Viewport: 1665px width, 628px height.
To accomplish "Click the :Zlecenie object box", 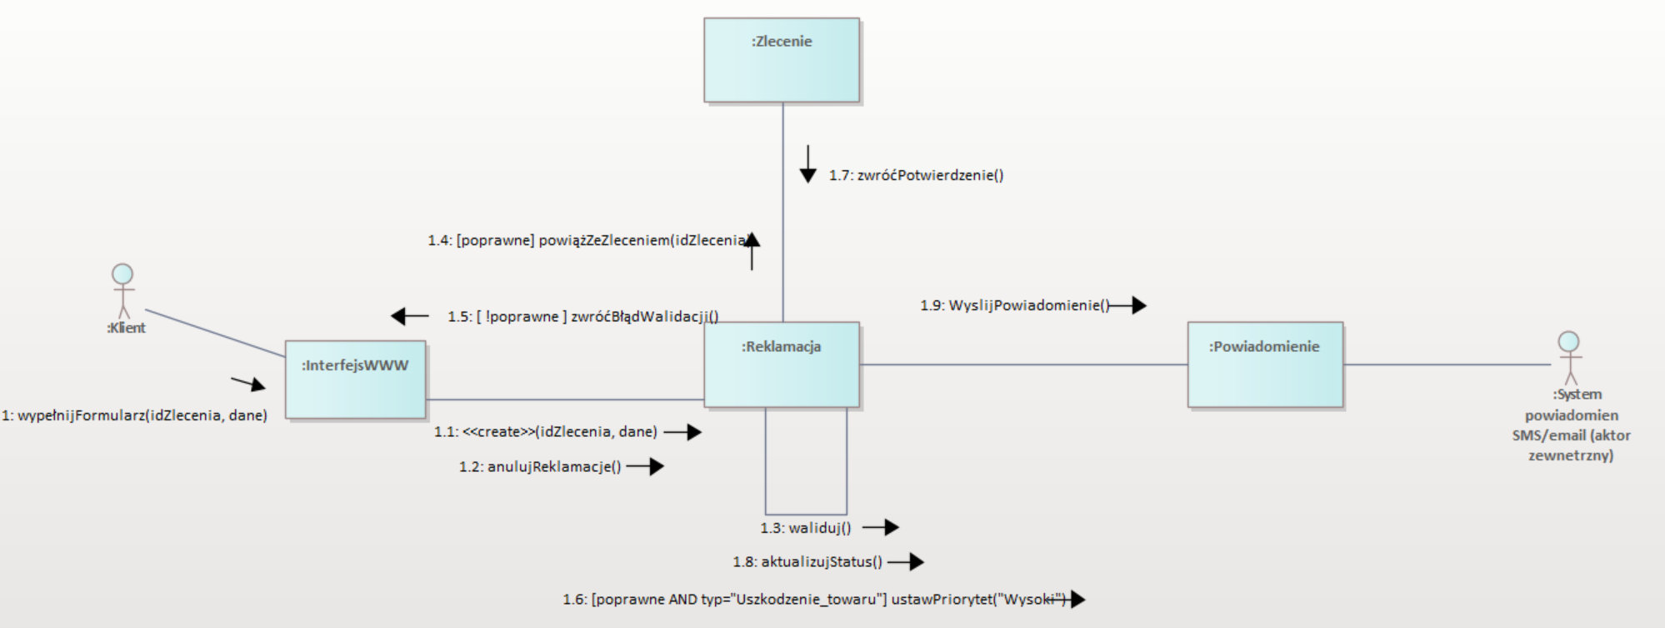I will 781,60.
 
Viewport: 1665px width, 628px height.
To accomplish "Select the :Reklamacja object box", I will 781,364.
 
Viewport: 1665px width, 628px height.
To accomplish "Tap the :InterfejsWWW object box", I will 355,379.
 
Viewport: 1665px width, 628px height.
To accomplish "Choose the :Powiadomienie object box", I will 1264,364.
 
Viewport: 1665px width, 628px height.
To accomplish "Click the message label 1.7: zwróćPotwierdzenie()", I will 916,175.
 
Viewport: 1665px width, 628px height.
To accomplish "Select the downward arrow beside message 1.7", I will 807,164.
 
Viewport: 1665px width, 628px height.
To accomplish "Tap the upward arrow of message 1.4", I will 752,250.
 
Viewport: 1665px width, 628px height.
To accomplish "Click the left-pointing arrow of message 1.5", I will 409,316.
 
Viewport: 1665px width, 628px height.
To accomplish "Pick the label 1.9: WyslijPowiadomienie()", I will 1014,305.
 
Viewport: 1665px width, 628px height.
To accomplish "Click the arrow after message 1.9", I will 1130,305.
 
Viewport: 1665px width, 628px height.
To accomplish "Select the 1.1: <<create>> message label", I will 545,432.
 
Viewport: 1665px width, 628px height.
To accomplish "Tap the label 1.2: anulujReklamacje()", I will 539,466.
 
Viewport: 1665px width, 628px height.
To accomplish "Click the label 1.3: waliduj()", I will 805,528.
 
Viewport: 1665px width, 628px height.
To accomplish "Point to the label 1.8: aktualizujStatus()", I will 807,562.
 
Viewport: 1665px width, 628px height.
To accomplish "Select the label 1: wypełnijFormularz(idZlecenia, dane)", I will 134,415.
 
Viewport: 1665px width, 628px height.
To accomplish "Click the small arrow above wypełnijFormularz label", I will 248,384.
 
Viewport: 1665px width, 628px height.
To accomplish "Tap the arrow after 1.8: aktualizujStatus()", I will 907,562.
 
